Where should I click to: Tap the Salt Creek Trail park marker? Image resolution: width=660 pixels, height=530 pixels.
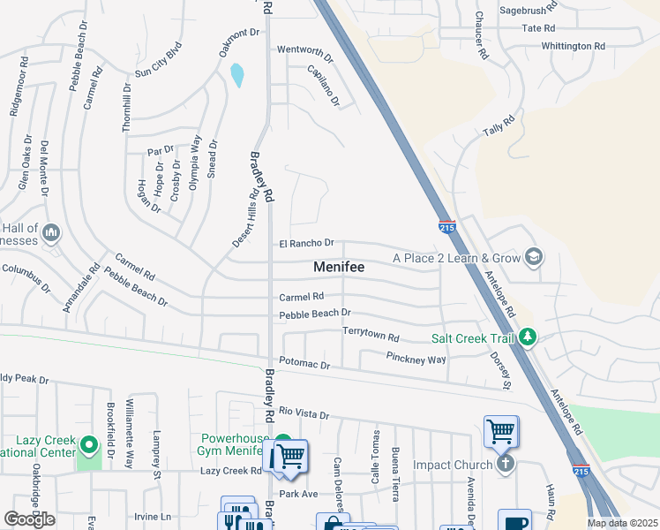pos(528,337)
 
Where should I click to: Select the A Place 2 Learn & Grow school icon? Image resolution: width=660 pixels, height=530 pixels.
pos(533,258)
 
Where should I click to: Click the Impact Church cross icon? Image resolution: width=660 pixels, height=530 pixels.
pos(505,464)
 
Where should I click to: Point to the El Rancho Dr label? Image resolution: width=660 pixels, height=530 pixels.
pos(306,243)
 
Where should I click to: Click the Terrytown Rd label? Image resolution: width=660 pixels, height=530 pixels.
pos(371,337)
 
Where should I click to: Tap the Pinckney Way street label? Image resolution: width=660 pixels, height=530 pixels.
pos(416,358)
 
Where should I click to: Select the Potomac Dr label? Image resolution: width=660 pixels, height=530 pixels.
pos(304,364)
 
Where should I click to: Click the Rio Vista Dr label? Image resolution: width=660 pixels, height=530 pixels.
pos(304,414)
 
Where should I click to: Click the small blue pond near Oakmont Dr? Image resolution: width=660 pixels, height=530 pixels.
pos(236,75)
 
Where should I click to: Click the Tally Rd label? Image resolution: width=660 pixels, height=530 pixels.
pos(499,127)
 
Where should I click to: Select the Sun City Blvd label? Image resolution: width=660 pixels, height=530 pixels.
pos(158,59)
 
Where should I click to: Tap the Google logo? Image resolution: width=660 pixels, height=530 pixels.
pos(29,519)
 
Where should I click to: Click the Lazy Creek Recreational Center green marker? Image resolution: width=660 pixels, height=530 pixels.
pos(87,443)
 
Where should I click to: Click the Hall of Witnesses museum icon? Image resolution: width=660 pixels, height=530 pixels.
pos(51,232)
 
